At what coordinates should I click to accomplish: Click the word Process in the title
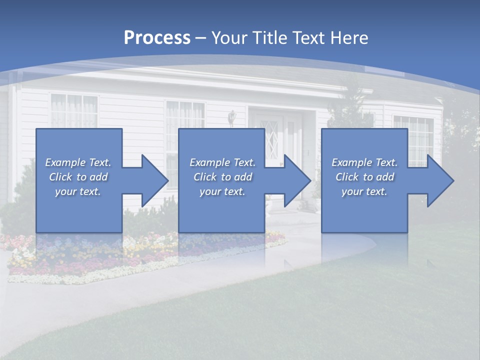pyautogui.click(x=157, y=38)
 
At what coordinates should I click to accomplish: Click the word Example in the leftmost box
pyautogui.click(x=65, y=162)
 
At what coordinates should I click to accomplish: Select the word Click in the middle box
pyautogui.click(x=204, y=177)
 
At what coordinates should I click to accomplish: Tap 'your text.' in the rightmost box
pyautogui.click(x=364, y=191)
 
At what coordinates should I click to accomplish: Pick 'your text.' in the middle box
pyautogui.click(x=222, y=191)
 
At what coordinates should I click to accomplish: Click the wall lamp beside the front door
pyautogui.click(x=232, y=118)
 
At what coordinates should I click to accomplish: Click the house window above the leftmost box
pyautogui.click(x=74, y=110)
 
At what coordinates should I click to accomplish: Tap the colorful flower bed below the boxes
pyautogui.click(x=150, y=255)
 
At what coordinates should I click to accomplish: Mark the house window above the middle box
pyautogui.click(x=185, y=115)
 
